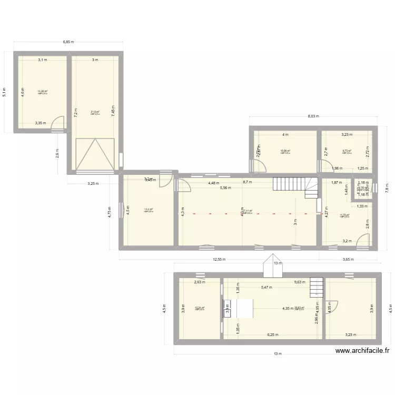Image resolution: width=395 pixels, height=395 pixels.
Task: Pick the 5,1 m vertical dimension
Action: [x=5, y=92]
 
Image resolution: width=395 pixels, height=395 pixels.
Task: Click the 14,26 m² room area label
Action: [x=43, y=92]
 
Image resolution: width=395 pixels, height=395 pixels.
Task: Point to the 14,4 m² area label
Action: [x=148, y=210]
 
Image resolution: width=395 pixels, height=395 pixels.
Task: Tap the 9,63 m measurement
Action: [x=300, y=282]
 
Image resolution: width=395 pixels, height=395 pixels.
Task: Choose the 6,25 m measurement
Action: [x=273, y=334]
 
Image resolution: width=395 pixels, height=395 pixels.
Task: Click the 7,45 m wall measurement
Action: [x=113, y=110]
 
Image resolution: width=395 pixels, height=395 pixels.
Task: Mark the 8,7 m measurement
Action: [x=247, y=182]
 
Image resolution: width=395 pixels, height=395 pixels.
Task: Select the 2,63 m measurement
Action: [x=199, y=282]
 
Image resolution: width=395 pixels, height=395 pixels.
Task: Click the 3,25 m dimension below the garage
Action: [x=94, y=183]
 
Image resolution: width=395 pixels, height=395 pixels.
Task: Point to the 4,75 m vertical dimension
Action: [x=110, y=211]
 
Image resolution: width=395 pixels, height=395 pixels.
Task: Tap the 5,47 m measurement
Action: [x=266, y=287]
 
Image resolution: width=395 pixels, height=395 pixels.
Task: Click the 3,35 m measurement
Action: [x=41, y=123]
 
